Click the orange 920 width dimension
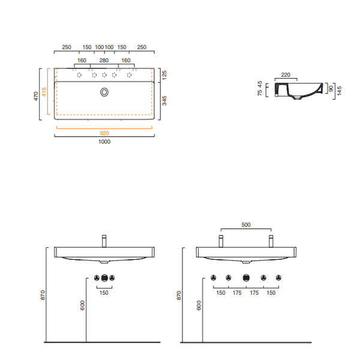click(x=104, y=133)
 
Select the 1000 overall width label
click(x=104, y=142)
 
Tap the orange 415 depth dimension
click(x=44, y=92)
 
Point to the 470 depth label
click(x=36, y=96)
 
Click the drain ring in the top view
click(x=104, y=92)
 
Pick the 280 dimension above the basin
click(x=104, y=61)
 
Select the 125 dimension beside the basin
click(x=164, y=76)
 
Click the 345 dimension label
click(x=164, y=101)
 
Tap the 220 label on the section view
click(x=286, y=75)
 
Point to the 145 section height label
click(x=340, y=91)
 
